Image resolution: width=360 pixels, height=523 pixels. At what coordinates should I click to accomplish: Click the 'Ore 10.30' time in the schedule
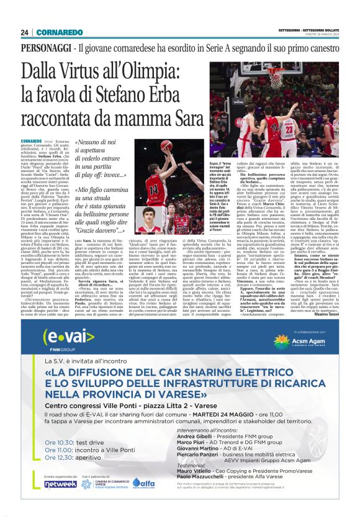click(56, 452)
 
